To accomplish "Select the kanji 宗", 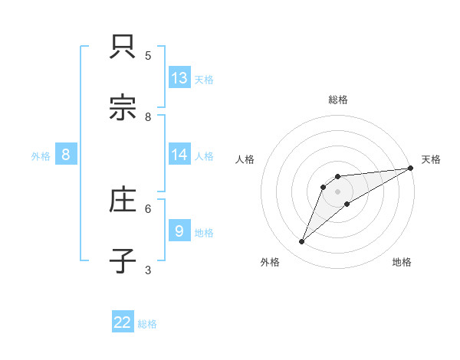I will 123,107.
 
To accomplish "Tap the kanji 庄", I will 123,200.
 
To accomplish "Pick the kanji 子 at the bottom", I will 123,260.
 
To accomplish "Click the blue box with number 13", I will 179,78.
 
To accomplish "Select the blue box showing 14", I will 179,155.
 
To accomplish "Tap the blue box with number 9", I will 179,231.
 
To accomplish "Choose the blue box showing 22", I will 123,322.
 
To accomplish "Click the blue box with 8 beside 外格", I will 66,155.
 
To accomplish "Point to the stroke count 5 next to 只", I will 148,56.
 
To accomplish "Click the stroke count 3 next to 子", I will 148,270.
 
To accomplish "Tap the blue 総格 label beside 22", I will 147,324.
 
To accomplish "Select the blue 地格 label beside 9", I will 204,232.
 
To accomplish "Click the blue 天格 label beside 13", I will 204,80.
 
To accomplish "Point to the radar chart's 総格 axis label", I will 337,100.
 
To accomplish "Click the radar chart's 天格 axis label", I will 431,159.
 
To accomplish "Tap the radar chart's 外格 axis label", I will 270,262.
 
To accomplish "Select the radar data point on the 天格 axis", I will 410,168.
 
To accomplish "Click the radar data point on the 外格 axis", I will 301,242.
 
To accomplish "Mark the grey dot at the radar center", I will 337,191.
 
